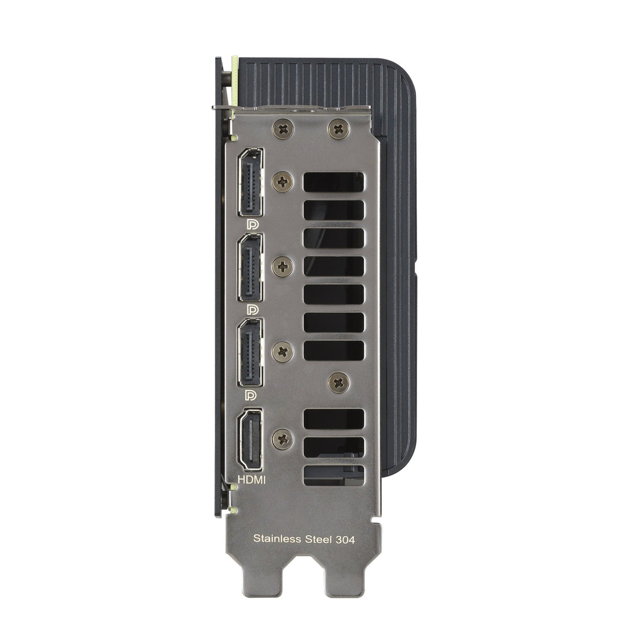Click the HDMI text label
[x=251, y=480]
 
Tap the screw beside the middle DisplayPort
[x=283, y=267]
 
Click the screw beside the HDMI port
[x=283, y=439]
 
